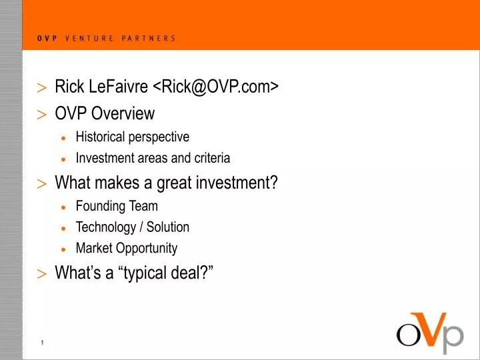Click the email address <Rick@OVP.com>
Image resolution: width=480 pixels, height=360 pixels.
click(216, 87)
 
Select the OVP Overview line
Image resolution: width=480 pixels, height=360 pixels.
click(105, 114)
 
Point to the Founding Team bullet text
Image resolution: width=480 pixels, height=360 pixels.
click(117, 206)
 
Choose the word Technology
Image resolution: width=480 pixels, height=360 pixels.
click(105, 227)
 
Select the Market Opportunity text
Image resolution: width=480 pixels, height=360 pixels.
click(127, 249)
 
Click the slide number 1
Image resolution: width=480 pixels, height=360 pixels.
click(42, 343)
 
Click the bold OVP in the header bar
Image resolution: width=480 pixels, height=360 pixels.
click(47, 39)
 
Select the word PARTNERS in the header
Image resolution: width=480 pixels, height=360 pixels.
click(149, 39)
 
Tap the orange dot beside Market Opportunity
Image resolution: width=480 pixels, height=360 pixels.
click(63, 249)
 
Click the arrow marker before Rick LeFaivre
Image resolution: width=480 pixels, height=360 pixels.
click(42, 88)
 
